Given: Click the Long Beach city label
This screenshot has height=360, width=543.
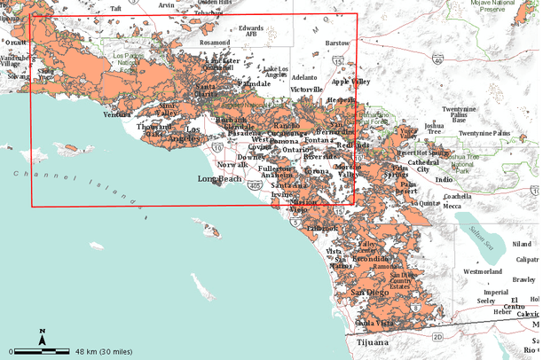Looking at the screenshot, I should click(x=219, y=179).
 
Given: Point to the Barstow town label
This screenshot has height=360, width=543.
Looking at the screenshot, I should click(x=337, y=43).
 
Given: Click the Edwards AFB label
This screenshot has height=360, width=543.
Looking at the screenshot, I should click(x=252, y=31).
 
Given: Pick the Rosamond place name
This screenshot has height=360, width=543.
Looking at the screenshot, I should click(x=215, y=42).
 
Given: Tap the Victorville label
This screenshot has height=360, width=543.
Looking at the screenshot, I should click(x=306, y=90).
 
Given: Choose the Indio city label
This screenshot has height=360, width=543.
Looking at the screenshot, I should click(x=444, y=180).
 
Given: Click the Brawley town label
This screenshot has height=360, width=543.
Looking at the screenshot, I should click(x=524, y=279).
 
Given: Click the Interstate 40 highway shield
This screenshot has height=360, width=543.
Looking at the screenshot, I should click(x=438, y=59).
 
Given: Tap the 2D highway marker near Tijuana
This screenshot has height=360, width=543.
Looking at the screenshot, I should click(x=437, y=337).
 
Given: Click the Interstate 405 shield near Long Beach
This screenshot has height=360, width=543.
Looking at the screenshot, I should click(x=255, y=186).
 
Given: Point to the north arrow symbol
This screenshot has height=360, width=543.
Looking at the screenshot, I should click(x=42, y=335).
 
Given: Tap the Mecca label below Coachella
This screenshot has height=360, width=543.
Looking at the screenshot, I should click(x=452, y=206).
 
